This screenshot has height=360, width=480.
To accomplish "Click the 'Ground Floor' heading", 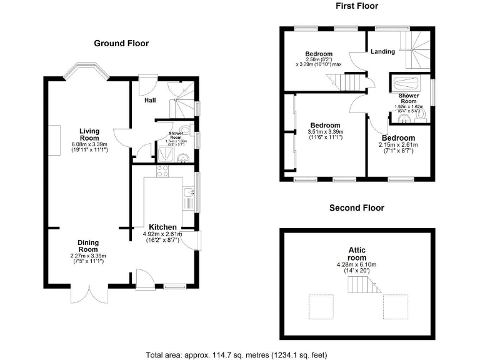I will click(x=121, y=44).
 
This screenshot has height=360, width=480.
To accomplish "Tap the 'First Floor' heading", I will click(x=357, y=6).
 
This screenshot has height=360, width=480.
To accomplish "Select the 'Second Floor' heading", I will click(x=357, y=208).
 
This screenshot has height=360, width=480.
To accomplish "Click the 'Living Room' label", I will click(x=89, y=134).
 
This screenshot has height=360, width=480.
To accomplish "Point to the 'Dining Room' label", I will click(x=88, y=246).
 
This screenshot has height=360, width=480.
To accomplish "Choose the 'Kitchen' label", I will click(x=162, y=227).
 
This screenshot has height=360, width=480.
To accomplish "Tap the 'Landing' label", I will click(x=382, y=52).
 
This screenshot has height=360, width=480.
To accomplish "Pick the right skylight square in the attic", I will click(x=395, y=305).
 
